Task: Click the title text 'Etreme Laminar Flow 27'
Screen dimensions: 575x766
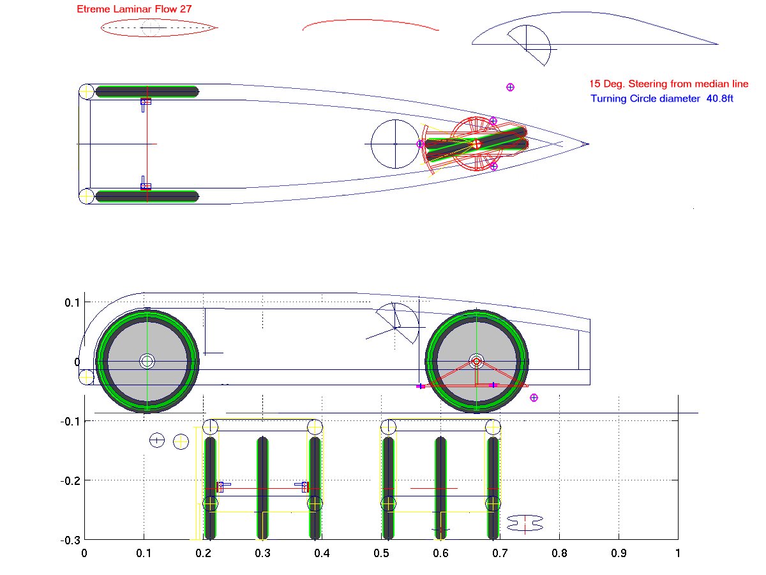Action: coord(134,10)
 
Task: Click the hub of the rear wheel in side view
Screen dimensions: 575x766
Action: coord(147,361)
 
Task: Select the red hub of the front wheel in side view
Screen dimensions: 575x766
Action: coord(476,362)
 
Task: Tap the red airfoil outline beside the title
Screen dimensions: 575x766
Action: coord(160,28)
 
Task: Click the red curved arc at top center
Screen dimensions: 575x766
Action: coord(370,24)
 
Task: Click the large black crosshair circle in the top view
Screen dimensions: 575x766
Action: coord(395,144)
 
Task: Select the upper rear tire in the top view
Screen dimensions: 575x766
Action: coord(147,91)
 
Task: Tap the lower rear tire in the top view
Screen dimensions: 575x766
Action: coord(147,196)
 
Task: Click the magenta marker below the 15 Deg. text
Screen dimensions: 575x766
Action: coord(510,88)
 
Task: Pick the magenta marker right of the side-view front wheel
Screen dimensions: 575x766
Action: coord(534,397)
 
